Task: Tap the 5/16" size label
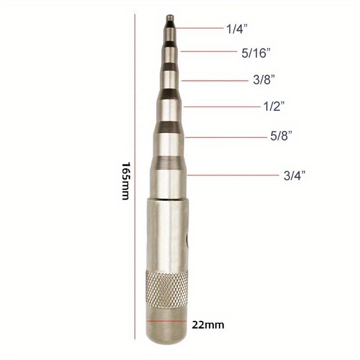256,53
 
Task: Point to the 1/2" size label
274,107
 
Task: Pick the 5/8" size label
283,136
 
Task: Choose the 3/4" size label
294,175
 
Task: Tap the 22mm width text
207,324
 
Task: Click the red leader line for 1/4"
200,28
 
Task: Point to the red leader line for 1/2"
220,107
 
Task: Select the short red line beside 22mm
169,321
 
